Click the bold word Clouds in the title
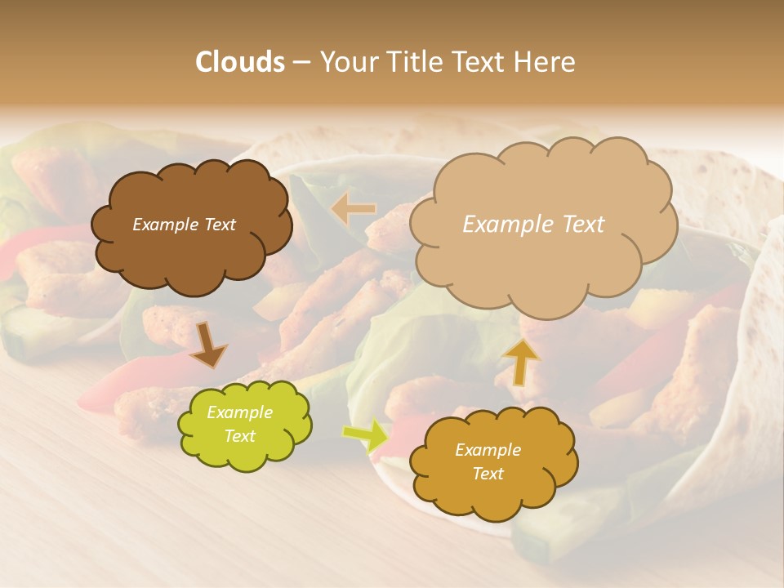(x=240, y=62)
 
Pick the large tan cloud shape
(x=543, y=261)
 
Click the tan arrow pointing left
(x=353, y=209)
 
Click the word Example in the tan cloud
(x=500, y=225)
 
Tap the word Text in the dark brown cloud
(x=219, y=225)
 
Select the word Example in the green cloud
(x=239, y=413)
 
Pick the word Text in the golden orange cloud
(x=488, y=474)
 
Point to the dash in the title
(x=301, y=63)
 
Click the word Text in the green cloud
(x=239, y=436)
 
